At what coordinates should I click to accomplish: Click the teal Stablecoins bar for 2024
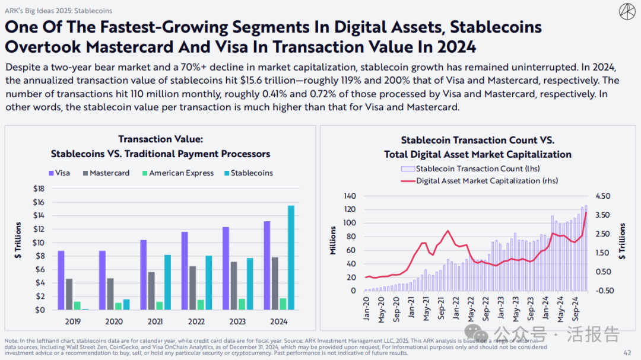(291, 257)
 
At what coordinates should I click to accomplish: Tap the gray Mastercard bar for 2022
(193, 288)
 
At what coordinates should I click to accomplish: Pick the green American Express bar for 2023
(242, 304)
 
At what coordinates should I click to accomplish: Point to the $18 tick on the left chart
(37, 189)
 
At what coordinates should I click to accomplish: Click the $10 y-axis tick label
(37, 243)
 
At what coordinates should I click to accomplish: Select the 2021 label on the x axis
(155, 321)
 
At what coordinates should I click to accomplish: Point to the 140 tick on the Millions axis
(349, 196)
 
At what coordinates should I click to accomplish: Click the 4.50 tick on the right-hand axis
(603, 196)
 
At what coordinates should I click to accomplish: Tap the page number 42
(627, 353)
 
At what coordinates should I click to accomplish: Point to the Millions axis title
(333, 241)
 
